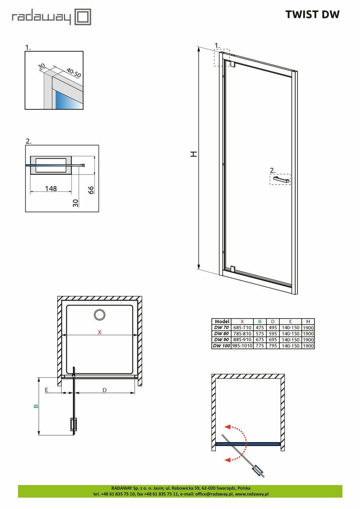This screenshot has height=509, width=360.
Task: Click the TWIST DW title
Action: pos(312,15)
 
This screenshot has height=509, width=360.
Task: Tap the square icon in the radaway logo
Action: pos(83,17)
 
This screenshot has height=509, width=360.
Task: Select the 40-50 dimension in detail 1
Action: pos(74,73)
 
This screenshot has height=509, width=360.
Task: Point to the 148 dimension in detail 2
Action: pos(51,188)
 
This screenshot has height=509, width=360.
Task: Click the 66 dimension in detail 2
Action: pos(91,190)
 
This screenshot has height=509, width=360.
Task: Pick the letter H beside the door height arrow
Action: pos(194,154)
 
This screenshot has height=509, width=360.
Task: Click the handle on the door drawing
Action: pos(281,179)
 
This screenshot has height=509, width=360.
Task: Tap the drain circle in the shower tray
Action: pos(99,315)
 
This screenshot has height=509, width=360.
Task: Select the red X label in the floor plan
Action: pos(99,332)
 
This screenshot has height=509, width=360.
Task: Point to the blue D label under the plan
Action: pos(105,390)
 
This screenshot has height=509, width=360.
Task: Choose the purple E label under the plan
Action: pos(47,390)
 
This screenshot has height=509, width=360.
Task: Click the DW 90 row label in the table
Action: pos(221,340)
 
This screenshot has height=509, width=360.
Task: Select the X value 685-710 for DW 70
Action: pos(242,328)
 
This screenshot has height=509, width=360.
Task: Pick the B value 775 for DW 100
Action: pos(260,346)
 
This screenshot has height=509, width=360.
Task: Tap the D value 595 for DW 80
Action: pos(273,334)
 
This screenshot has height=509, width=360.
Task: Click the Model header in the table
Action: pos(222,322)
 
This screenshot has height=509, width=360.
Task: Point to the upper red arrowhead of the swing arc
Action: pos(228,427)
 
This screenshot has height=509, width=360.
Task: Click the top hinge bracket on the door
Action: pos(232,64)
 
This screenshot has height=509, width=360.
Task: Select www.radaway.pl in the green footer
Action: pos(252,494)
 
